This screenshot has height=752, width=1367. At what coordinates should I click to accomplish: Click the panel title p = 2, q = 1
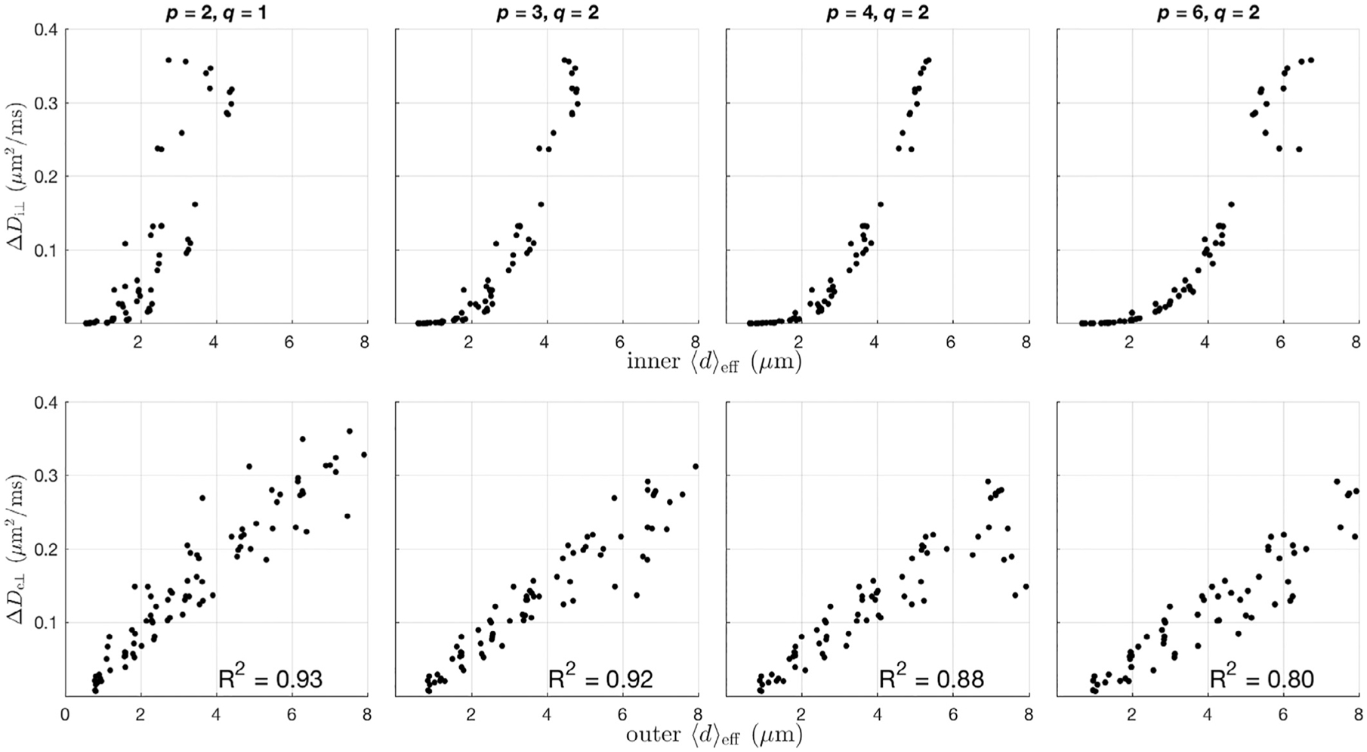[x=216, y=13]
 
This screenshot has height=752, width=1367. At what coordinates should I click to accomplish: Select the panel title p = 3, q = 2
[x=547, y=13]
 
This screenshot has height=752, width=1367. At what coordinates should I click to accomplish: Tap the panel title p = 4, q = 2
[x=877, y=13]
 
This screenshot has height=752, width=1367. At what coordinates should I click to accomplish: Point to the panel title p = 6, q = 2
[x=1208, y=13]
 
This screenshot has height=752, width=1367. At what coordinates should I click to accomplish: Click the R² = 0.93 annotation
[x=270, y=679]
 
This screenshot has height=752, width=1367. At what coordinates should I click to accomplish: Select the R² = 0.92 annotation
[x=600, y=679]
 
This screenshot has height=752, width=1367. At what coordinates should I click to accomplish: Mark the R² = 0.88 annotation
[x=931, y=679]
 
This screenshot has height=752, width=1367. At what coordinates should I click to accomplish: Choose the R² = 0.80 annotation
[x=1261, y=679]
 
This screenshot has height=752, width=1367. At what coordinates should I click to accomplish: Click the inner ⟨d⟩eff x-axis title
[x=714, y=363]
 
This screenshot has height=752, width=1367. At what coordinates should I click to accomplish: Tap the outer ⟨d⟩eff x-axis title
[x=714, y=735]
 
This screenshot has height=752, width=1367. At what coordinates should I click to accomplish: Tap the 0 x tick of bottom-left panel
[x=66, y=714]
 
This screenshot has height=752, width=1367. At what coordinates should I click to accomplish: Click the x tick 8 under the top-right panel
[x=1356, y=342]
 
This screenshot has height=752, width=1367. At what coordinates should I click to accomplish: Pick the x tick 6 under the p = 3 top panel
[x=621, y=342]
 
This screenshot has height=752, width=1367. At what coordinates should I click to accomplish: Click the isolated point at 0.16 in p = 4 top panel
[x=880, y=204]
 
